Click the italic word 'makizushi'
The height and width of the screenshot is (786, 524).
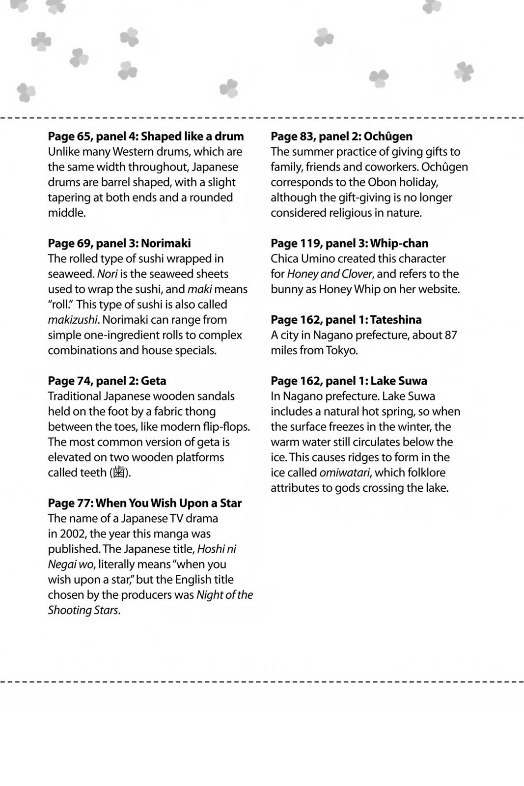pos(73,320)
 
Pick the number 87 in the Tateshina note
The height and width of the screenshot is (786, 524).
pos(450,335)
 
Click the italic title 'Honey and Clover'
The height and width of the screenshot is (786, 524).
pos(330,274)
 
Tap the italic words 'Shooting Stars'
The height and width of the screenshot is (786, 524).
pos(83,610)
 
